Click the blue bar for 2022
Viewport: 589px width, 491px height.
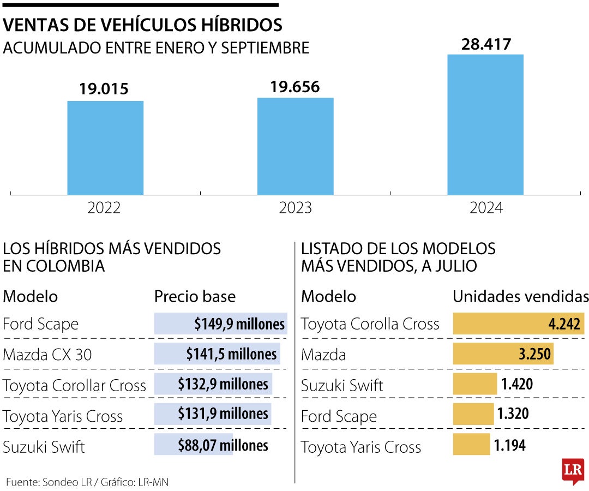click(105, 148)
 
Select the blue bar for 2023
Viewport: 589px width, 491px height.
click(295, 146)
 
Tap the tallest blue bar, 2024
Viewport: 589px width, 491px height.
click(485, 124)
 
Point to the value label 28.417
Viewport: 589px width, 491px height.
click(486, 44)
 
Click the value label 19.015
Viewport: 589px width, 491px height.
click(104, 89)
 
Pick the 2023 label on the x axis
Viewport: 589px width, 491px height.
click(295, 208)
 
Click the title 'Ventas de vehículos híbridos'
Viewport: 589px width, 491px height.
click(143, 25)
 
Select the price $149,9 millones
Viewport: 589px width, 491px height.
click(239, 324)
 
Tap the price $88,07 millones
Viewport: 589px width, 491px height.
click(223, 446)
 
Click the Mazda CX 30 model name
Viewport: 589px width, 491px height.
click(47, 355)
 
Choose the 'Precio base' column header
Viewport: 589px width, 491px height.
click(195, 296)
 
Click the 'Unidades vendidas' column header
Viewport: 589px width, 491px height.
click(520, 296)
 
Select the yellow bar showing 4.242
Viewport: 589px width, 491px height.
click(518, 324)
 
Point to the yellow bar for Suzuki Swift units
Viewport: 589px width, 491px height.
click(475, 384)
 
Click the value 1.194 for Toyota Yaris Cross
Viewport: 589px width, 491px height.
click(510, 446)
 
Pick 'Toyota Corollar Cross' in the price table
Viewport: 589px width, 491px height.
click(75, 385)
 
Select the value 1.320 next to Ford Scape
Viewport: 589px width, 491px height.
click(513, 415)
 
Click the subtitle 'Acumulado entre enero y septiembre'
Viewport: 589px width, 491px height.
click(156, 48)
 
